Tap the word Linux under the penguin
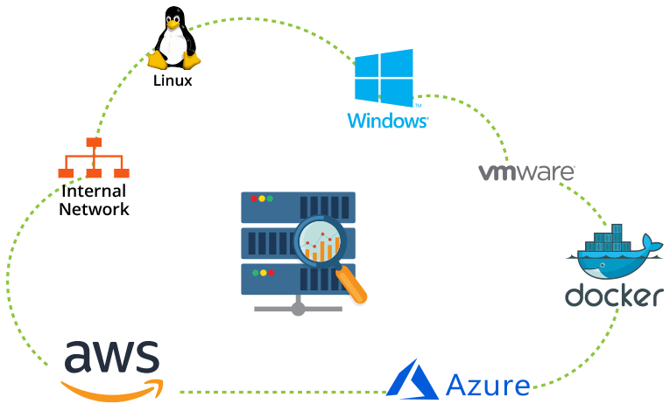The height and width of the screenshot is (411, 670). click(173, 81)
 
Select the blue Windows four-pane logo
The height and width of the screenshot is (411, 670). click(384, 79)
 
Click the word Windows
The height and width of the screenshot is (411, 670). click(387, 121)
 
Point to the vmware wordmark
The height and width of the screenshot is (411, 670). click(526, 171)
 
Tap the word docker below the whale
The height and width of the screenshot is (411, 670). click(612, 296)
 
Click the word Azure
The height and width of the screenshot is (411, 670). click(487, 384)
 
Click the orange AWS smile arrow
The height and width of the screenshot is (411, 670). click(114, 387)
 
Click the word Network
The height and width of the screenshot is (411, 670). click(94, 209)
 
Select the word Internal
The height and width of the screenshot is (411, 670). click(94, 192)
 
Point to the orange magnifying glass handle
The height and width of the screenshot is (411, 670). click(353, 286)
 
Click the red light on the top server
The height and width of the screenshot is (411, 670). click(254, 199)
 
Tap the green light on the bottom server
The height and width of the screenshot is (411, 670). click(269, 273)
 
